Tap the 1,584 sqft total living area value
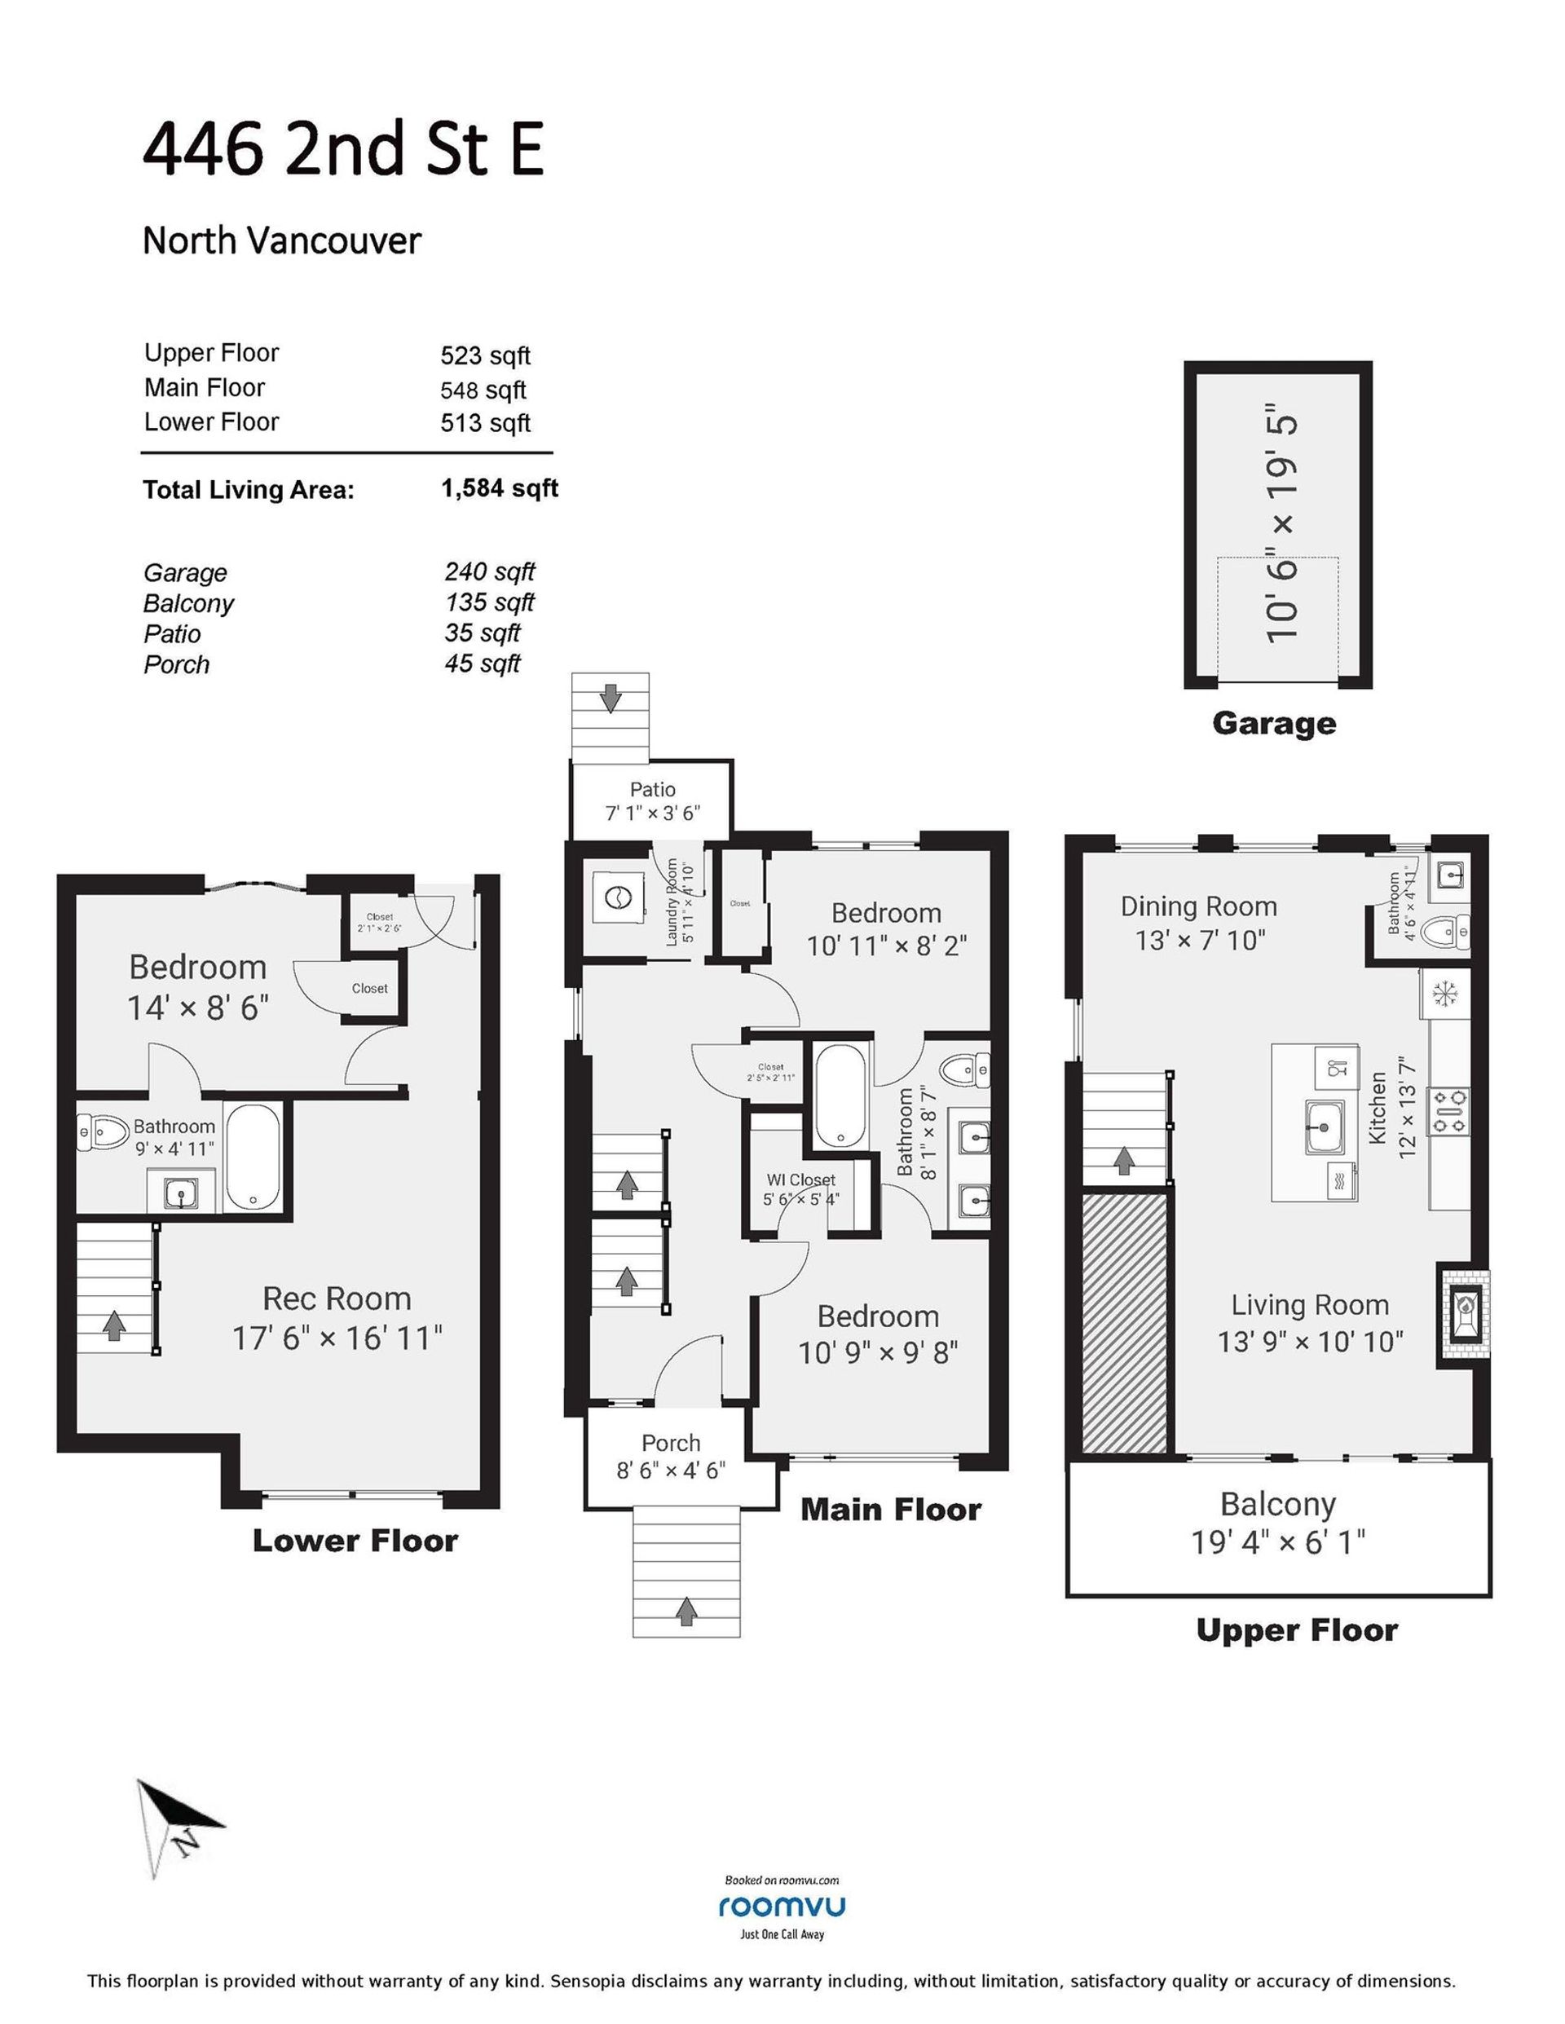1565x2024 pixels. click(500, 488)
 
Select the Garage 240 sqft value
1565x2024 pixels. click(489, 571)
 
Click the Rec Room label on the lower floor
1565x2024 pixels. click(337, 1299)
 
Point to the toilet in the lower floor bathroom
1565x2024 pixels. click(103, 1131)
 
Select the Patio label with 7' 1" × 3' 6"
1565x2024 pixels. click(652, 801)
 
